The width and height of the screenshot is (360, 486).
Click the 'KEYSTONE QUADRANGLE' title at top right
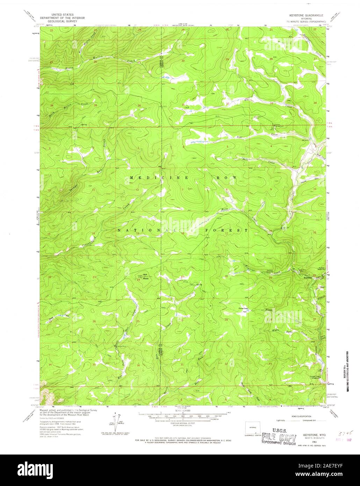tap(305, 16)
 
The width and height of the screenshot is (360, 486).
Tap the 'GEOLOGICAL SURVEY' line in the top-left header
tap(58, 21)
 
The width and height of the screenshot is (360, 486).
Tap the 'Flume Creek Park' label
tap(243, 309)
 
